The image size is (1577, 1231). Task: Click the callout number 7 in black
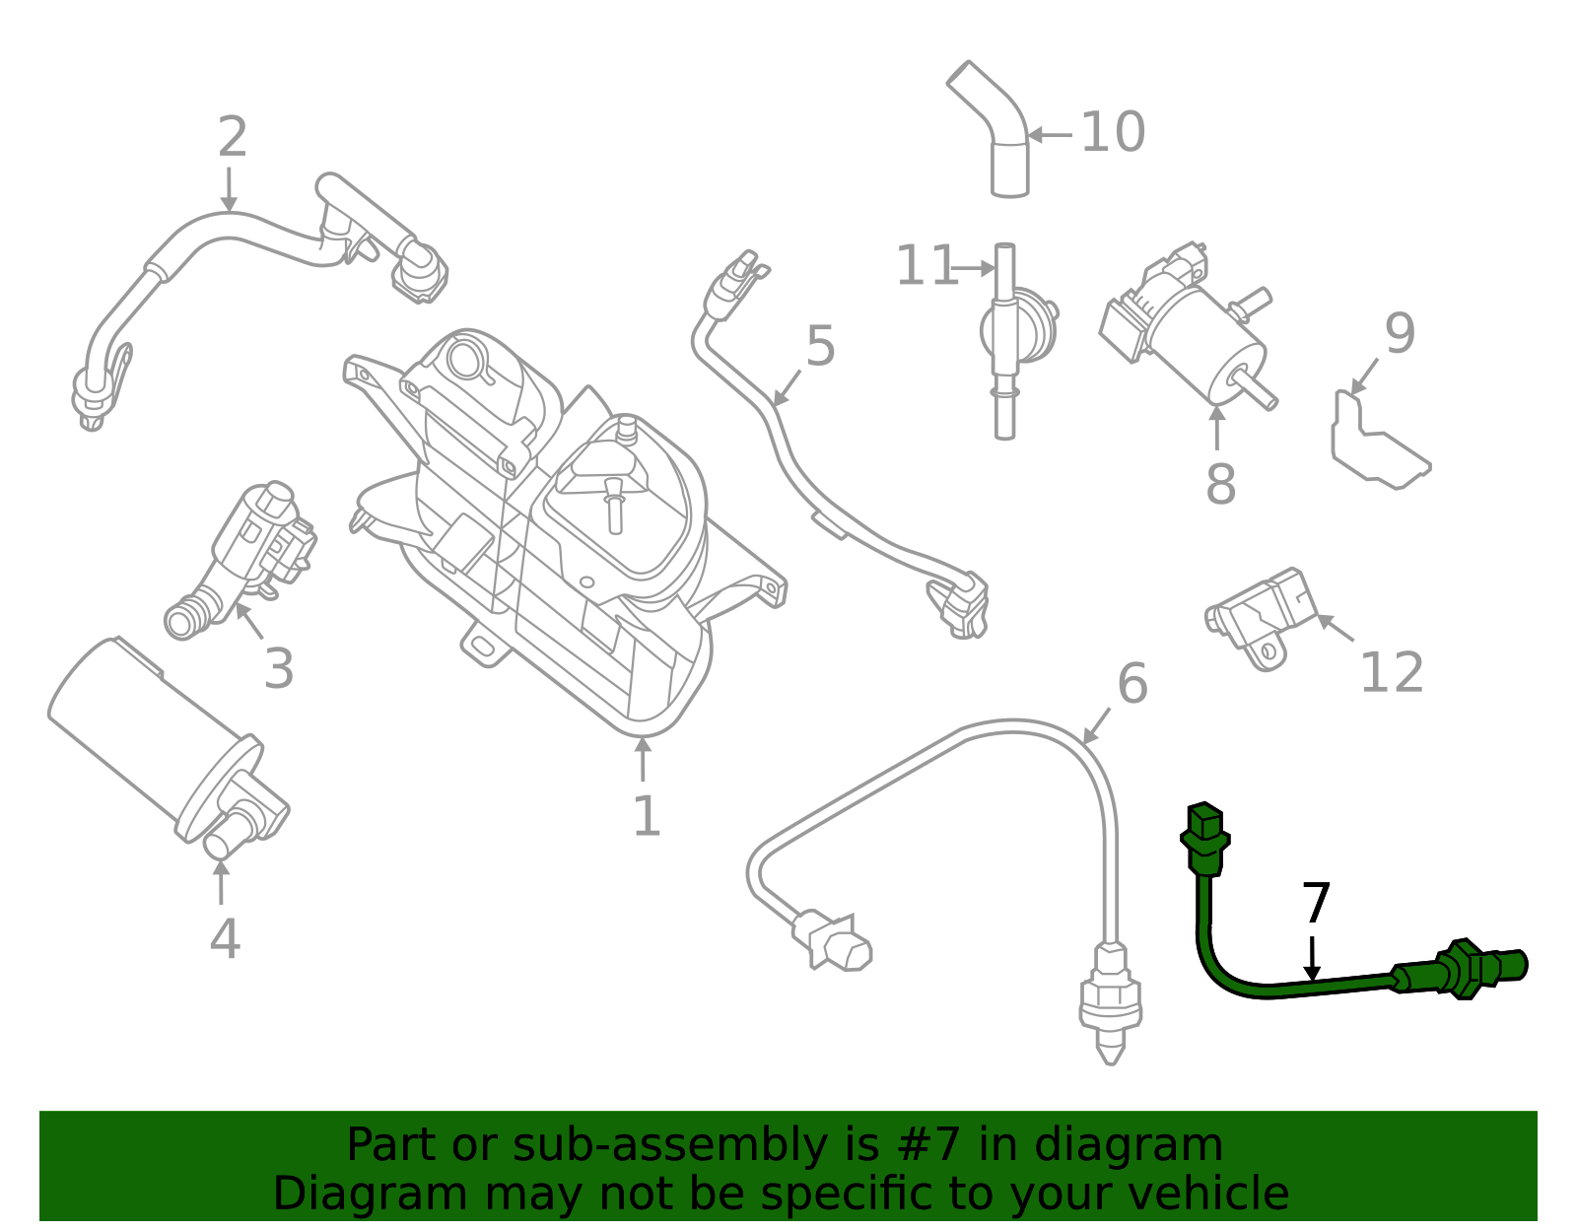(1316, 903)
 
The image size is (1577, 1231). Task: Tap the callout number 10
(1113, 132)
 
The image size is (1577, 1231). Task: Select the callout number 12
(1391, 673)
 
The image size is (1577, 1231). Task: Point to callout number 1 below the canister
(646, 817)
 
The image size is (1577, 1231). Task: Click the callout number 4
(225, 938)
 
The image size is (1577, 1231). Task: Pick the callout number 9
(1400, 334)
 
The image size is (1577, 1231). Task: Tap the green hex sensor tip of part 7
(1469, 969)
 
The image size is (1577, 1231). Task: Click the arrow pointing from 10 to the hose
(1050, 135)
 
